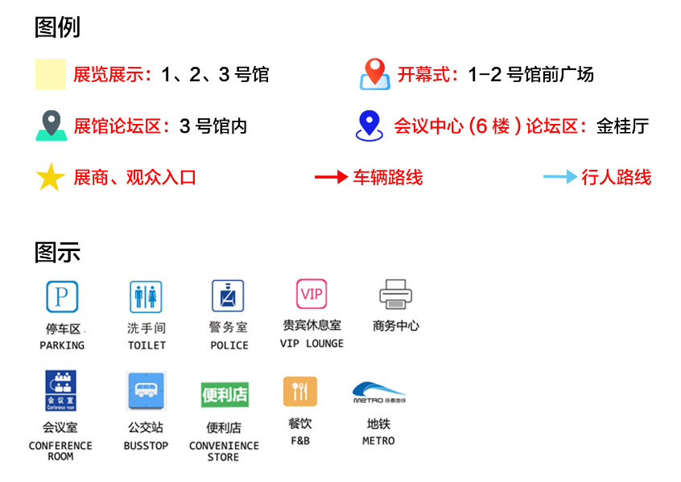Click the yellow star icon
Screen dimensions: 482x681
pos(50,177)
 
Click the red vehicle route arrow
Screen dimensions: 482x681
pos(330,177)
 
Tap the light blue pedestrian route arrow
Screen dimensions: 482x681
pos(559,177)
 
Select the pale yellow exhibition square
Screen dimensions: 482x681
pos(50,75)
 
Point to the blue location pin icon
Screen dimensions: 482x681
pos(369,125)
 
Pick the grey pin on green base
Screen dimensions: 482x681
pos(51,126)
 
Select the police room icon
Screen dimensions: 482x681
pos(228,296)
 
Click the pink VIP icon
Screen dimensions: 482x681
pos(311,295)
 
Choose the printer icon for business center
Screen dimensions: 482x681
pos(395,295)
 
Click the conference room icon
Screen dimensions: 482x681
pos(60,391)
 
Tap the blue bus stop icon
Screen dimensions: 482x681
pos(146,392)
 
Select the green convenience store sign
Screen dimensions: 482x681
pos(225,394)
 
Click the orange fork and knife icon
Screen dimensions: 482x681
pos(299,391)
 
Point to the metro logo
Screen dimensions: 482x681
pos(378,392)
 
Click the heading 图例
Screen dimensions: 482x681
pos(57,28)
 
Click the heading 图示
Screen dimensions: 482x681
pos(57,253)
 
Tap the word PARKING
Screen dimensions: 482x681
pos(62,345)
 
